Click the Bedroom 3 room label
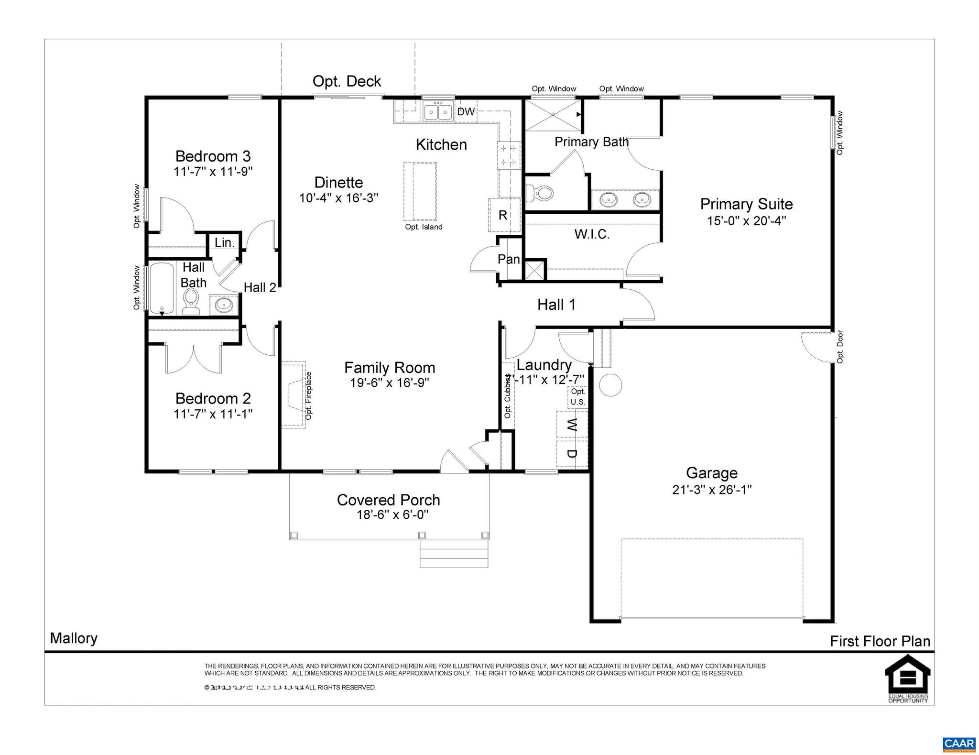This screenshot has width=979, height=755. [213, 156]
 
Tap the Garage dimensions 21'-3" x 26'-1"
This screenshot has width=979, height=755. [712, 490]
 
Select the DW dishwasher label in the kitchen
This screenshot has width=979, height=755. [466, 112]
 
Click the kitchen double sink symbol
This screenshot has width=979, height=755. [438, 112]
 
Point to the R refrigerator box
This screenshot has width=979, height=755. [503, 215]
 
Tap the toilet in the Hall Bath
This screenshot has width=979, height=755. [191, 302]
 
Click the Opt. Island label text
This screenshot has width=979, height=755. [424, 227]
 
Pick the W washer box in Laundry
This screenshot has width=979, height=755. [572, 424]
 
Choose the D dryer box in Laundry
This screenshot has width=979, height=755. [572, 453]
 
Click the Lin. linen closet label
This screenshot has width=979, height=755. [224, 242]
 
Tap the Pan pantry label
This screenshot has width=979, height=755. [509, 259]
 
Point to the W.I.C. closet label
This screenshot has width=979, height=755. [592, 234]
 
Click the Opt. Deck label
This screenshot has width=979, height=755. [347, 81]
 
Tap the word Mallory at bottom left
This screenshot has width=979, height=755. [74, 638]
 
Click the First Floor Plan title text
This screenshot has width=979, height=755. [880, 641]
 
